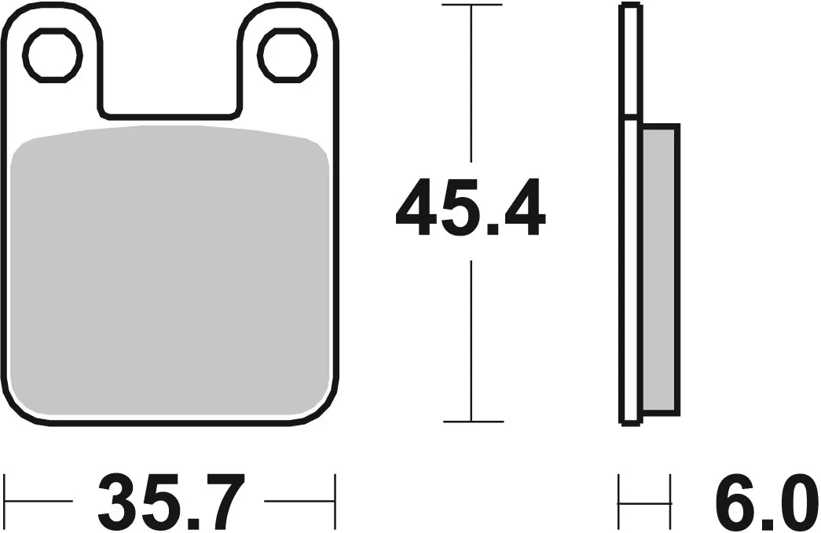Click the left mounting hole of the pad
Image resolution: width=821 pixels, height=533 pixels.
53,54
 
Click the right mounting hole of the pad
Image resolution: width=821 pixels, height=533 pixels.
286,54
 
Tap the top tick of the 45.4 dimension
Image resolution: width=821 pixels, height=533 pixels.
471,5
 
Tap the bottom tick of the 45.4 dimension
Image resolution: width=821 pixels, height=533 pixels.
471,422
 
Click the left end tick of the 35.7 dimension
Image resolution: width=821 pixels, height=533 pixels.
5,501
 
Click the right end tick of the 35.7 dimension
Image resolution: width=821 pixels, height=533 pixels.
335,501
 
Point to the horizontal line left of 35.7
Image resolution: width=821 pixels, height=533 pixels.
39,501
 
